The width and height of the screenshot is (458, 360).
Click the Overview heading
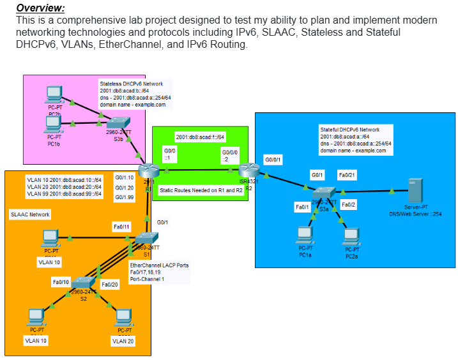[x=40, y=8]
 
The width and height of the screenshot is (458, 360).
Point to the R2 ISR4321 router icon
[x=248, y=170]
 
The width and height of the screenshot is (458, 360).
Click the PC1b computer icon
[x=54, y=123]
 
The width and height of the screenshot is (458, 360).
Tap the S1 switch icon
[x=142, y=240]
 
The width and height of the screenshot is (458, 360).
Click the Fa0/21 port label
[x=347, y=175]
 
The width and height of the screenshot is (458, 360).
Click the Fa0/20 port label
[x=110, y=283]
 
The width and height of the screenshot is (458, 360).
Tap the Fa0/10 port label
[x=60, y=281]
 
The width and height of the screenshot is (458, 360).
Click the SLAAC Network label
[x=31, y=215]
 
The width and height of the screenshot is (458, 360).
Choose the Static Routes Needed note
[x=201, y=190]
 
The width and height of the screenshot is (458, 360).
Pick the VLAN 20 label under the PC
[x=123, y=341]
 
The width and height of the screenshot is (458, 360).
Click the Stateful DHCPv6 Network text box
[x=355, y=140]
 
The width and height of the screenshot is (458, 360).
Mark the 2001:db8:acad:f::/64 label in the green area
[x=201, y=137]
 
